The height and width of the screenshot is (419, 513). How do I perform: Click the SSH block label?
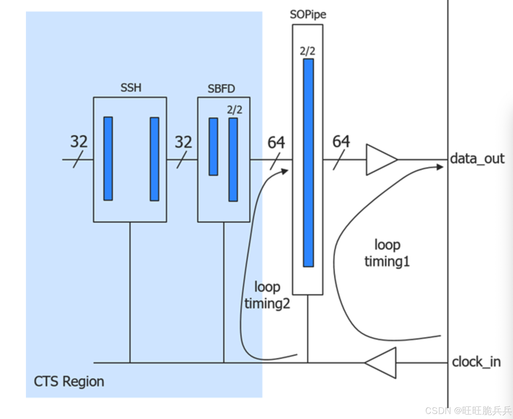[x=131, y=88]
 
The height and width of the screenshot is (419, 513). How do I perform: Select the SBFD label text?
[x=221, y=89]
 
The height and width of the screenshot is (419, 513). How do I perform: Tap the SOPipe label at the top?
[x=308, y=15]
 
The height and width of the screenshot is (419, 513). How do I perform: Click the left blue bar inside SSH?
[x=108, y=159]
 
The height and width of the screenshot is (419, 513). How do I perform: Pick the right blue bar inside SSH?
[x=154, y=159]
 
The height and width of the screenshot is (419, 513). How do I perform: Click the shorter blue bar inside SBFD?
[x=213, y=147]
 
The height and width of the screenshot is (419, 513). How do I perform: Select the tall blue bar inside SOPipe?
[x=308, y=163]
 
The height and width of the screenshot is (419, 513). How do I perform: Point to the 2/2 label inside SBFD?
[x=235, y=110]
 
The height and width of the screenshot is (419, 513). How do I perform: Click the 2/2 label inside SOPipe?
[x=307, y=51]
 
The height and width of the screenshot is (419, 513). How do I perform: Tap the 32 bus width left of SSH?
[x=79, y=142]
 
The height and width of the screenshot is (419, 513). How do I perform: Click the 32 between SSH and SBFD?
[x=183, y=142]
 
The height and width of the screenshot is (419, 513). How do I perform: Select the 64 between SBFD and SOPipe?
[x=276, y=143]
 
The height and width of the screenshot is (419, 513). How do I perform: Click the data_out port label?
[x=477, y=159]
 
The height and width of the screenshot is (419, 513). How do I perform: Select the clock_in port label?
[x=476, y=362]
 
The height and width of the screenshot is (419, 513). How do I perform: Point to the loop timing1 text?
[x=387, y=253]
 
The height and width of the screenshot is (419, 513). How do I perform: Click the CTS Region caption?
[x=69, y=381]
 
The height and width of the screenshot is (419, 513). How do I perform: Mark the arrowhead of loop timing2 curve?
[x=285, y=171]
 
